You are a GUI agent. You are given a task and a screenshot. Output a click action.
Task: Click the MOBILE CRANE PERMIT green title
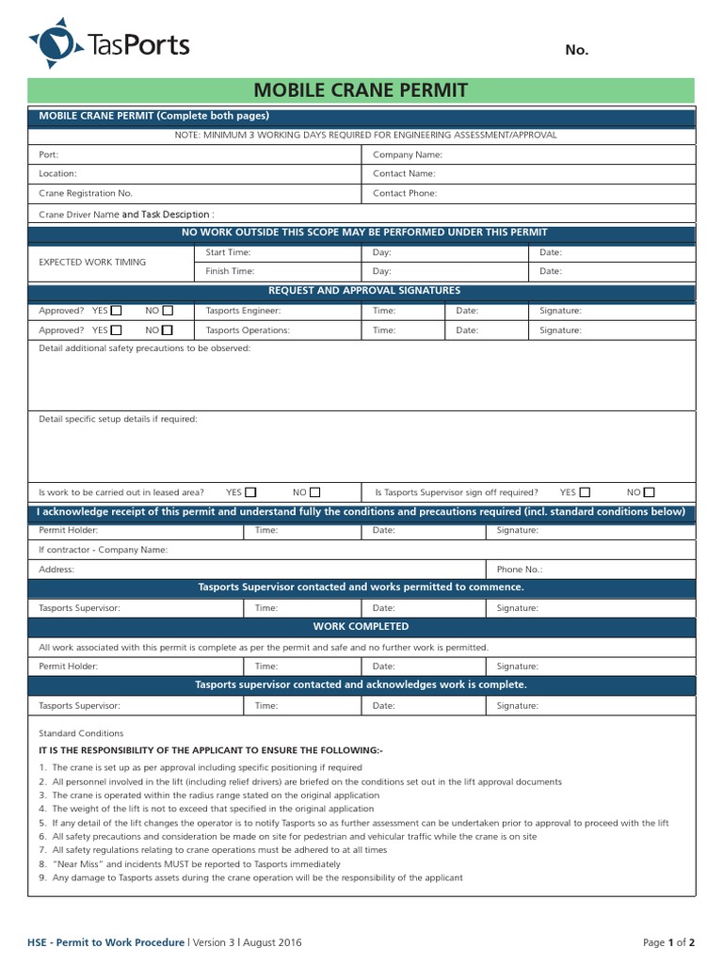(361, 90)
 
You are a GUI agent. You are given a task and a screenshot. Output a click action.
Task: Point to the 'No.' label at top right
(576, 50)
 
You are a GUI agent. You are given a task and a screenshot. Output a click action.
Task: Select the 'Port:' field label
(48, 154)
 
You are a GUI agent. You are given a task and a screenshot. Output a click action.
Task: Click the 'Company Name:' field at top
(407, 154)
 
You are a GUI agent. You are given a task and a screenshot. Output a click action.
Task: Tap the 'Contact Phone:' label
(405, 193)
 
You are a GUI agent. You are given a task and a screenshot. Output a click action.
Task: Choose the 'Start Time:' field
(228, 252)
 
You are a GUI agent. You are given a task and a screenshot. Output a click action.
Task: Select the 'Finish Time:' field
(230, 271)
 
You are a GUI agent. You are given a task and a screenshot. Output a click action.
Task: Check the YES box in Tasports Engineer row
(116, 310)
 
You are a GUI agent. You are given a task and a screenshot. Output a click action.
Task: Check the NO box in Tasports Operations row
(167, 330)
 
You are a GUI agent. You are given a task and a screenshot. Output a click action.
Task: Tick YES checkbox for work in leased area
(250, 491)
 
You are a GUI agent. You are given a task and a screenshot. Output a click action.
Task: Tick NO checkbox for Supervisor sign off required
(649, 491)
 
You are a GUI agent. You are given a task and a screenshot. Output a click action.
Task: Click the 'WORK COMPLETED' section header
(361, 626)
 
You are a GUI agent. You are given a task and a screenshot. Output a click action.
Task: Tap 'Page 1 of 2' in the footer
(668, 942)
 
